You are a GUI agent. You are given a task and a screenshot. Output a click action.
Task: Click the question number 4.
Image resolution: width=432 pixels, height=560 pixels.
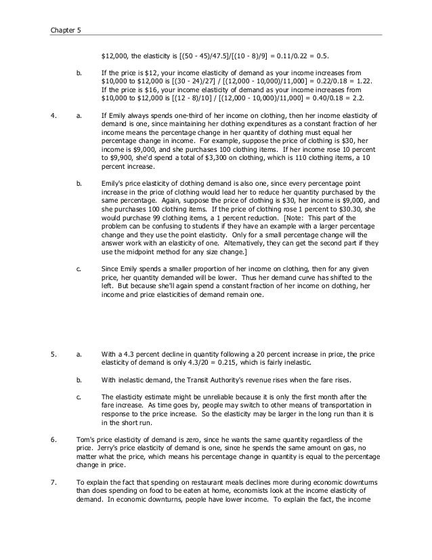point(53,115)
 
